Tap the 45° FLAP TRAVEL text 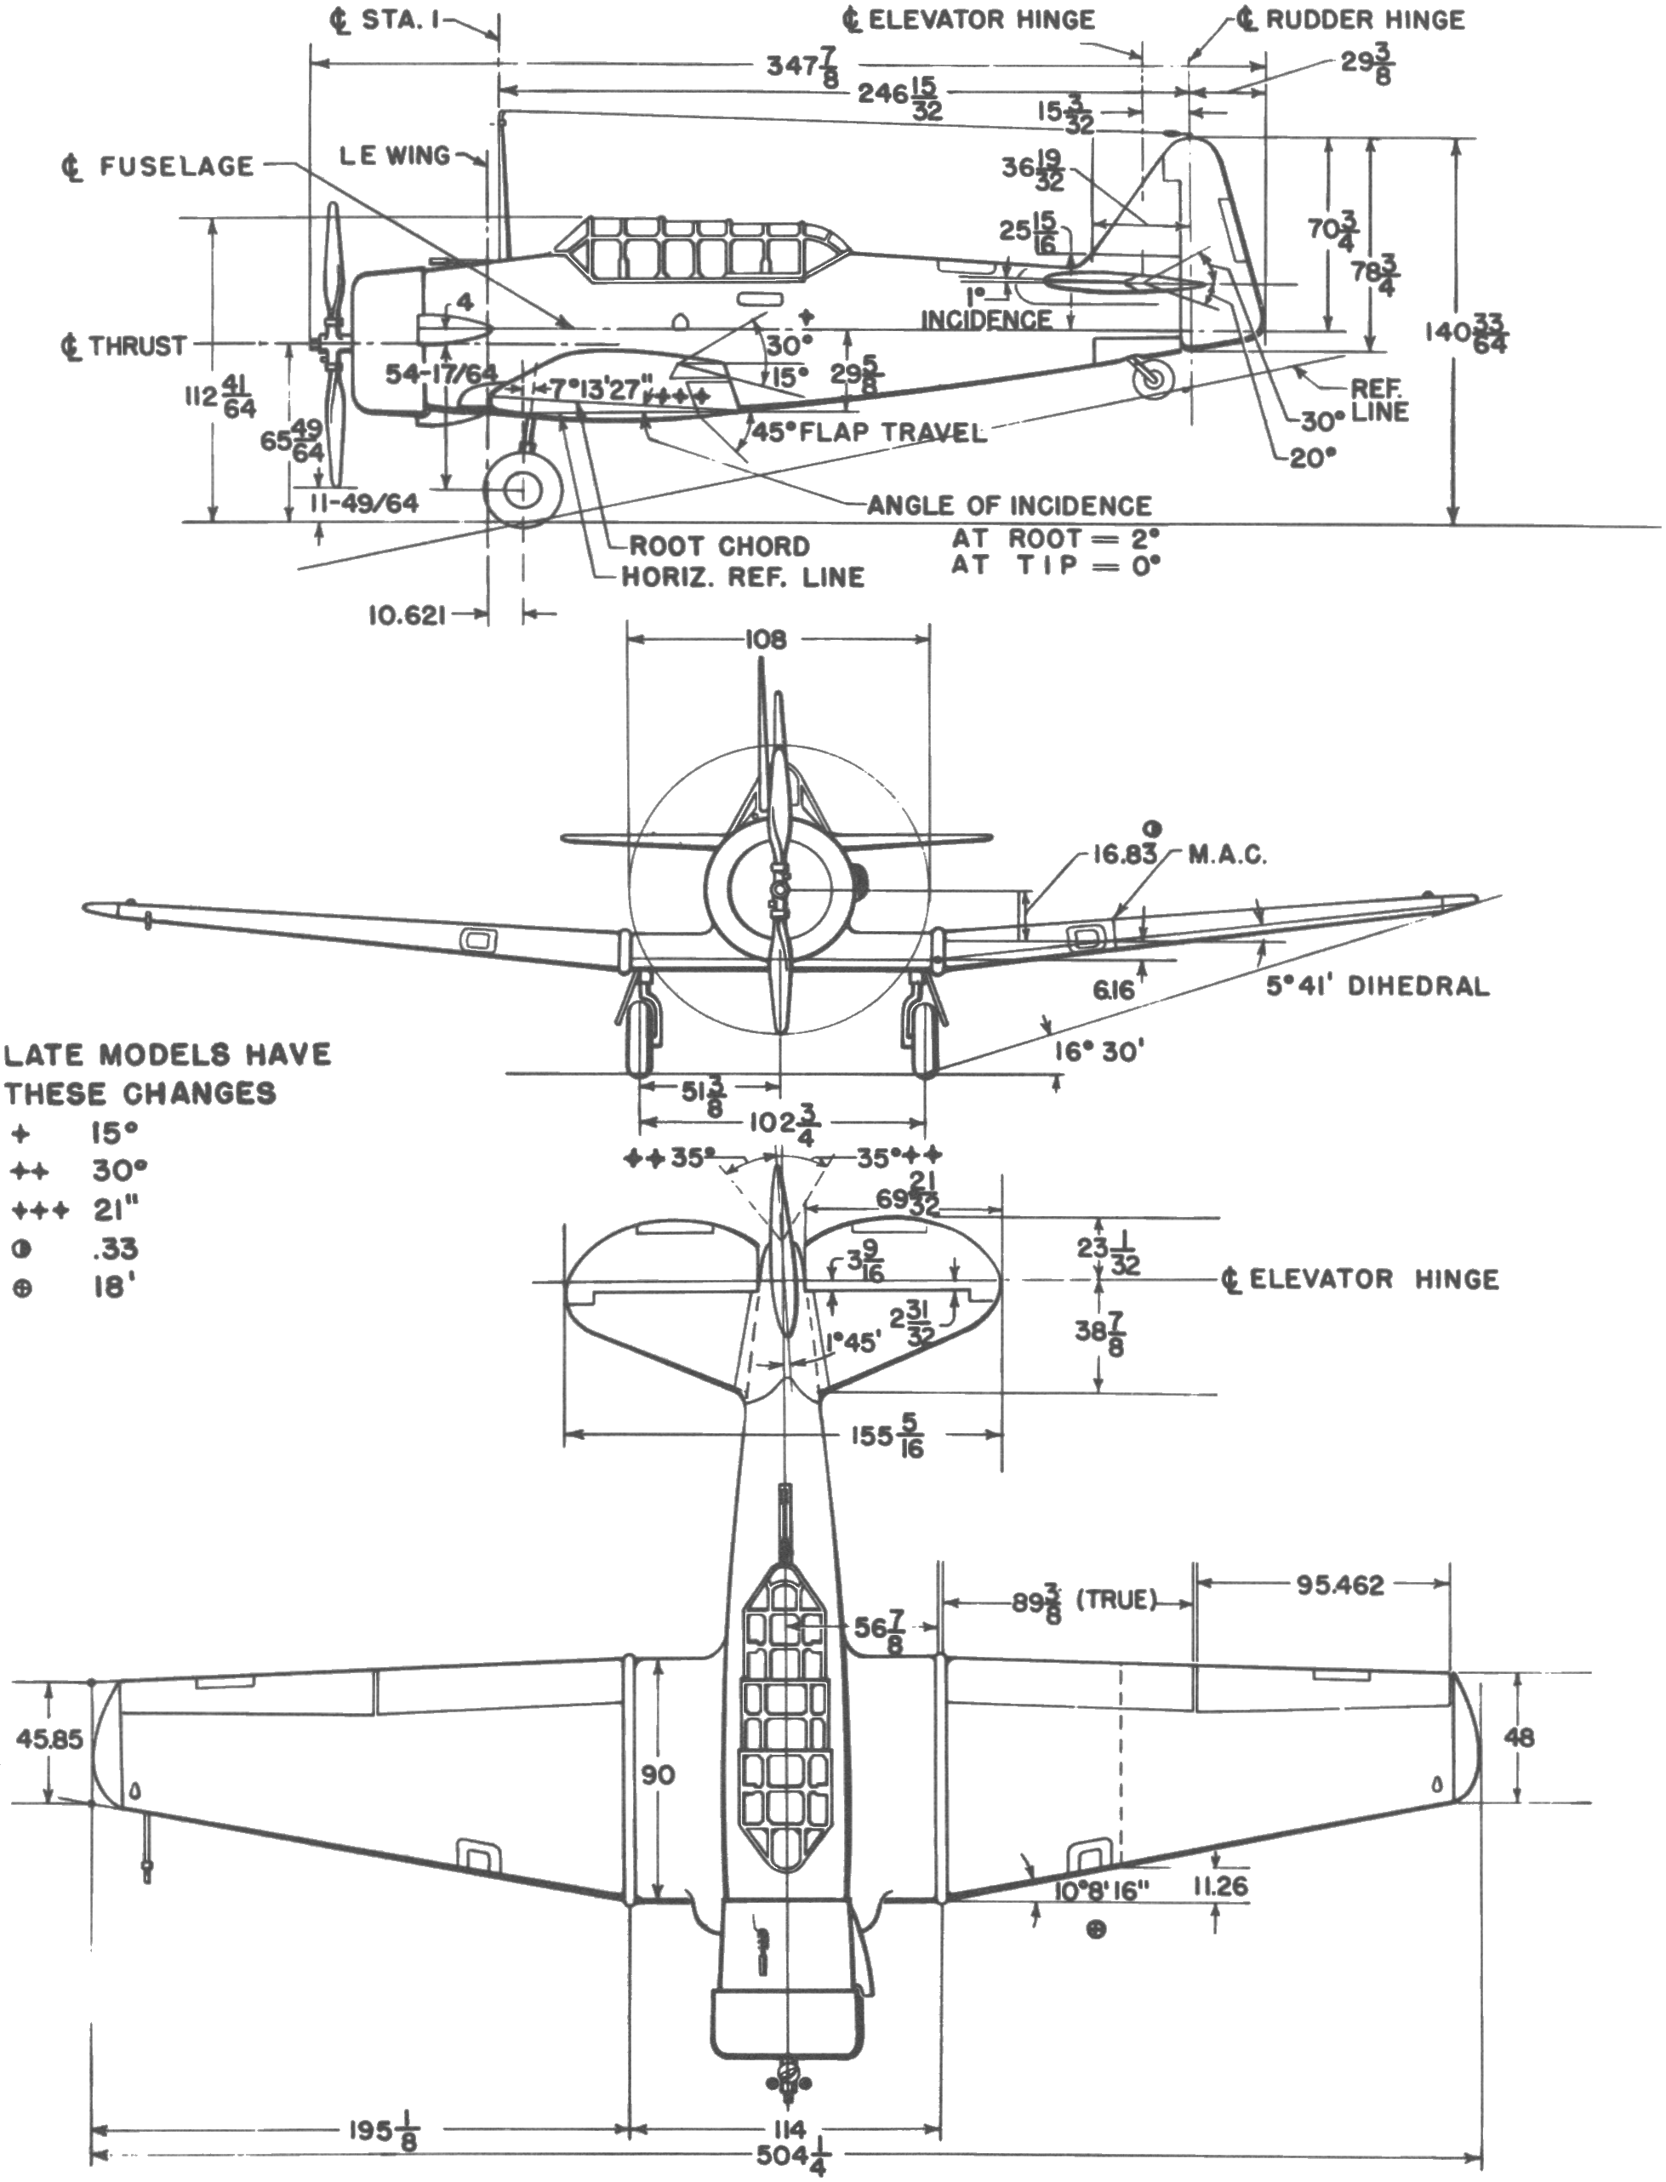click(x=869, y=432)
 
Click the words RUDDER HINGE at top click(x=1365, y=20)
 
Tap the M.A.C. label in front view click(x=1228, y=855)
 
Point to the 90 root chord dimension click(x=658, y=1774)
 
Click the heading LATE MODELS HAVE click(x=167, y=1054)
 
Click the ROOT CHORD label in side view click(x=719, y=545)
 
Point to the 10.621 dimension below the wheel click(x=402, y=616)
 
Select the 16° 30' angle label click(x=1098, y=1050)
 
